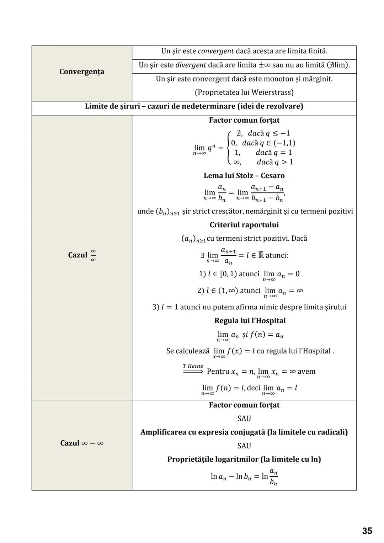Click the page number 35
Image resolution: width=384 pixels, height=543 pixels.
367,531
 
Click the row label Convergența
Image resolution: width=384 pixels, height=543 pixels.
82,72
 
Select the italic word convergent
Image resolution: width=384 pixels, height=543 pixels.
215,51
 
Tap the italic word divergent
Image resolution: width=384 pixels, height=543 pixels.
191,65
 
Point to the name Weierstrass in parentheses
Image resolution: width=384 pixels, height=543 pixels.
272,92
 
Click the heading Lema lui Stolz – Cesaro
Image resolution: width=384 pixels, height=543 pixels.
244,176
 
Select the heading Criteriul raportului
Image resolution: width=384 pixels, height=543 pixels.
244,225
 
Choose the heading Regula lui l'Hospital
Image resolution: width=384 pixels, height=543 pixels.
250,321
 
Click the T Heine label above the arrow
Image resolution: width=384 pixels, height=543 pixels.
193,366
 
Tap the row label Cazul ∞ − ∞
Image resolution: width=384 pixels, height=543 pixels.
82,443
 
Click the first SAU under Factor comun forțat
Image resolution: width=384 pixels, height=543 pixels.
244,419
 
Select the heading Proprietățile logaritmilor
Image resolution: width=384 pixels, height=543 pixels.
213,459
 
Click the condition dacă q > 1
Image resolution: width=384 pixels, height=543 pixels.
275,162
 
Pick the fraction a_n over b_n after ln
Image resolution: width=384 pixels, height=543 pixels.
273,477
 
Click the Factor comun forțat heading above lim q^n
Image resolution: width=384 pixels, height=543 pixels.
244,120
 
